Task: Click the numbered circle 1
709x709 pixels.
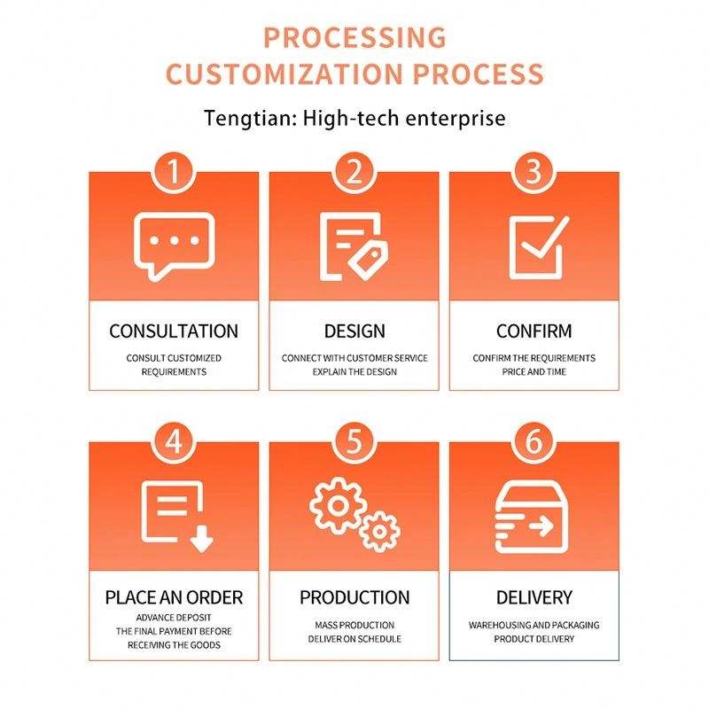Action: pyautogui.click(x=174, y=171)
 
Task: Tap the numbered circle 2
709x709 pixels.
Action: pyautogui.click(x=354, y=171)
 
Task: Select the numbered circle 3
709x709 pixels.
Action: pyautogui.click(x=534, y=171)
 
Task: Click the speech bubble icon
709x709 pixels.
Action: pyautogui.click(x=174, y=245)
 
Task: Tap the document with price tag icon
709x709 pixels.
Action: pyautogui.click(x=354, y=245)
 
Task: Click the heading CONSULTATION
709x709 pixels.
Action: pyautogui.click(x=174, y=331)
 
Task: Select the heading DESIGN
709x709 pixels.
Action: pyautogui.click(x=354, y=331)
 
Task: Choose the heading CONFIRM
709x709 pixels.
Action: pyautogui.click(x=534, y=331)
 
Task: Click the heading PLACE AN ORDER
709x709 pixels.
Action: pyautogui.click(x=174, y=597)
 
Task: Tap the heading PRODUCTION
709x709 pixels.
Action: pyautogui.click(x=354, y=597)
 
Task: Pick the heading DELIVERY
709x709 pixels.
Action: pyautogui.click(x=534, y=597)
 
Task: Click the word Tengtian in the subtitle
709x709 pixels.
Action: pyautogui.click(x=247, y=118)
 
